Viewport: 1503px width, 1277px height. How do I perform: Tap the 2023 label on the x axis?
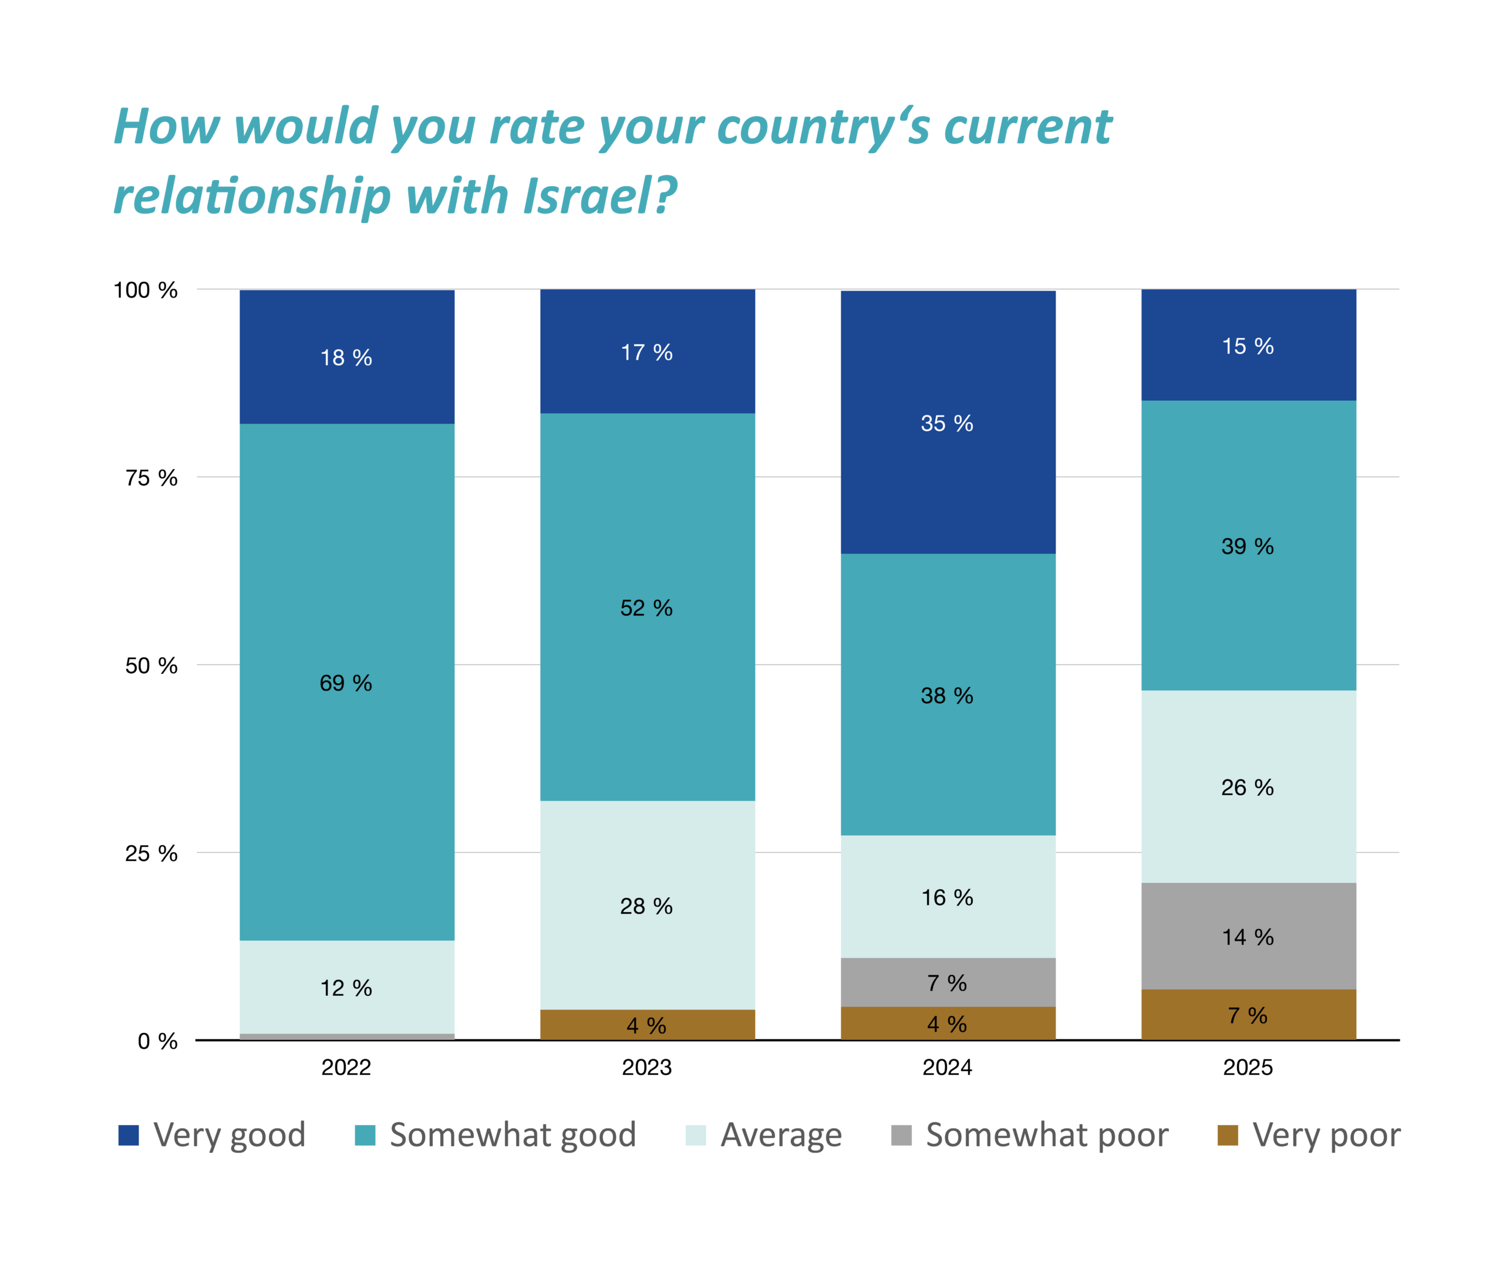pos(647,1067)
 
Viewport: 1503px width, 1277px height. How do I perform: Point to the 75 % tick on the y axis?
pos(151,478)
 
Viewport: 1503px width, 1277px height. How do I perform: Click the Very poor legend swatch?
pos(1228,1135)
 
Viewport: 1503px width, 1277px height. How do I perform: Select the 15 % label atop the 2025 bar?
pos(1248,346)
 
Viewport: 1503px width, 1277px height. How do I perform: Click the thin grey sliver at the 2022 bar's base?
pos(347,1036)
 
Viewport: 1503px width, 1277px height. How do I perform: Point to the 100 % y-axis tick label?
pos(146,290)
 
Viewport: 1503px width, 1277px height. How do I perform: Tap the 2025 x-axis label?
pos(1248,1067)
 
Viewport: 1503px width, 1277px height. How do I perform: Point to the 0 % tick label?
pos(157,1042)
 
